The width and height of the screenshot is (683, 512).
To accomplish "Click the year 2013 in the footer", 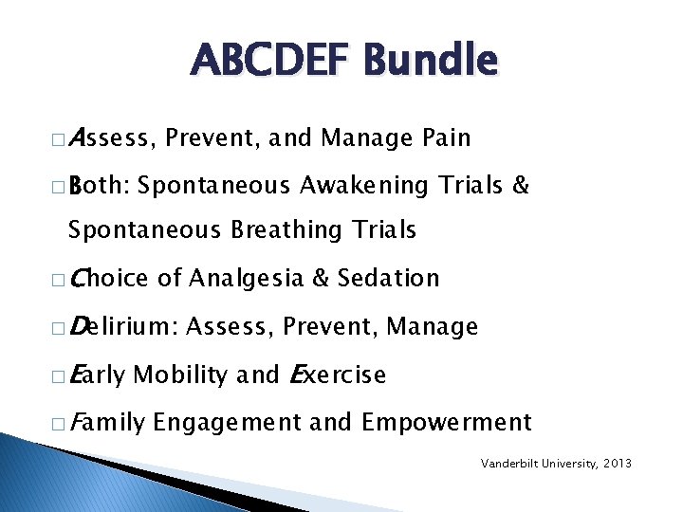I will [617, 464].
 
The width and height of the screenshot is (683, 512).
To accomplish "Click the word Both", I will [101, 186].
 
